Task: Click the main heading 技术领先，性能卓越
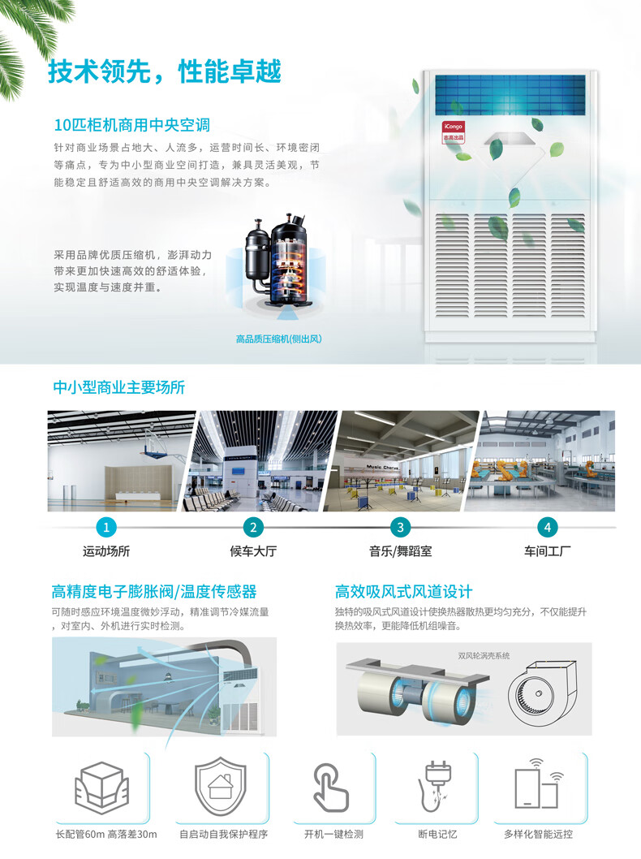[164, 71]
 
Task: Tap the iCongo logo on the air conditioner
[452, 128]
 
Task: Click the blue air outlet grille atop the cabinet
[510, 94]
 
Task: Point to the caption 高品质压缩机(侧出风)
[278, 339]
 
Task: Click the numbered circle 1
[105, 528]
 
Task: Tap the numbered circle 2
[253, 528]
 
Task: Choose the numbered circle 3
[400, 528]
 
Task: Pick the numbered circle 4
[548, 528]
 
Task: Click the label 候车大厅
[253, 551]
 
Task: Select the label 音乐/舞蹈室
[400, 551]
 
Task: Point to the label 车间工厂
[548, 551]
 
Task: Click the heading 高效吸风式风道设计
[403, 592]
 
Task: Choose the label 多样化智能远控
[538, 834]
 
